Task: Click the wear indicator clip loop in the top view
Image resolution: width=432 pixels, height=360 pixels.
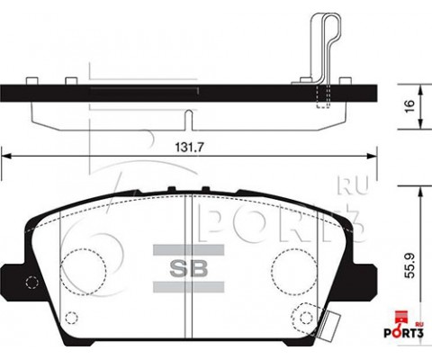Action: pos(325,36)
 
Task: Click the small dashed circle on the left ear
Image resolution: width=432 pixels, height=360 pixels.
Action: pos(31,281)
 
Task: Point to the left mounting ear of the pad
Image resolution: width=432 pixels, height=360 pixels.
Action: pos(17,279)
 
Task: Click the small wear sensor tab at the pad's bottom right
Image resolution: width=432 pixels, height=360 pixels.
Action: pos(334,322)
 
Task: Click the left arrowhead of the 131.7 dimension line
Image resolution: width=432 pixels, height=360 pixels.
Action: pos(5,155)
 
